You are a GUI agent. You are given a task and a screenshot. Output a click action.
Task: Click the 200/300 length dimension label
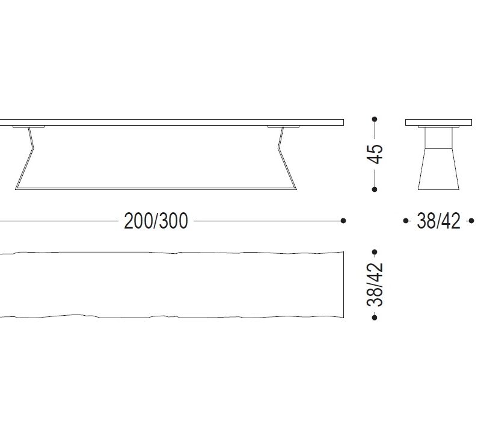tap(156, 221)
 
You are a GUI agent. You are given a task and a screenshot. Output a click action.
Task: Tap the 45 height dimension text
tap(375, 154)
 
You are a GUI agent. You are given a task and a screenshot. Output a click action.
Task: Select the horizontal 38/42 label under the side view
tap(438, 221)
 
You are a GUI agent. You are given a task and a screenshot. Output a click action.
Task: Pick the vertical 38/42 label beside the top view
tap(375, 284)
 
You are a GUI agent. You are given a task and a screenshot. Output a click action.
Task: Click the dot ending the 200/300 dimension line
tap(343, 221)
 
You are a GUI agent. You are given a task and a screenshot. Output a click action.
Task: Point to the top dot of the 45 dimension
tap(375, 119)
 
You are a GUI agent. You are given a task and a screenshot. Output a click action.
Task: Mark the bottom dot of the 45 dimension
tap(375, 189)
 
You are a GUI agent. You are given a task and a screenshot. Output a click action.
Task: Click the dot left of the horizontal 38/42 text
tap(405, 221)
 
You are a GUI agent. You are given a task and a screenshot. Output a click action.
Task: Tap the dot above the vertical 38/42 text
tap(375, 252)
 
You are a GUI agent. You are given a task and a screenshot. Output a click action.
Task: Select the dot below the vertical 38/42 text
tap(375, 317)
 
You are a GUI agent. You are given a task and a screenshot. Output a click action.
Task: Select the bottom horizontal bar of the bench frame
tap(156, 189)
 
